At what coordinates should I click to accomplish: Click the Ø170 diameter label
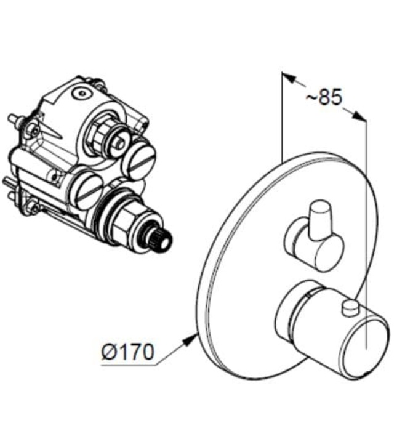127,353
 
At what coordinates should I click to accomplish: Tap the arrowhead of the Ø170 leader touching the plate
194,335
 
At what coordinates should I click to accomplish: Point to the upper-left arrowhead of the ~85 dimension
287,78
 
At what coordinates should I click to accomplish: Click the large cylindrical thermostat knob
332,326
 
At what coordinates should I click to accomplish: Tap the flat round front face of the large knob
366,347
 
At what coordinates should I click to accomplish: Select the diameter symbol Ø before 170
108,353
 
